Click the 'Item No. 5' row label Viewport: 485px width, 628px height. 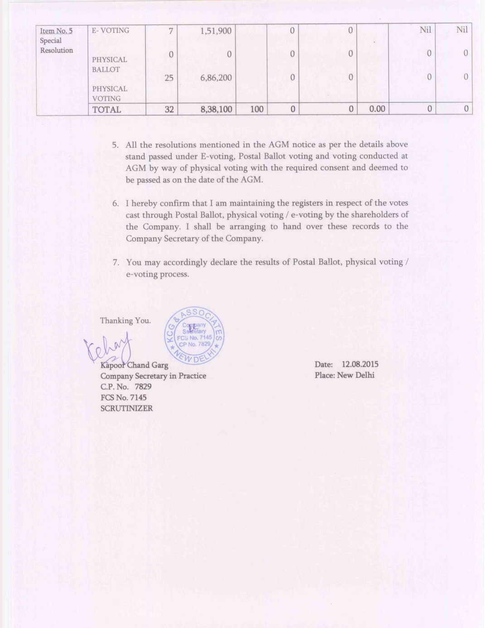56,31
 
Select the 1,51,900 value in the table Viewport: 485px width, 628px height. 216,31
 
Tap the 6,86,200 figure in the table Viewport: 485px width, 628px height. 216,78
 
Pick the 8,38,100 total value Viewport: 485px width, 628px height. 216,109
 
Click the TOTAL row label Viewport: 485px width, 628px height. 107,110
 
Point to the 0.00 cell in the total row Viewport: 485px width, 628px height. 377,109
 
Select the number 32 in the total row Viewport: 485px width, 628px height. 169,109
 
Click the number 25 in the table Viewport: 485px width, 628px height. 169,78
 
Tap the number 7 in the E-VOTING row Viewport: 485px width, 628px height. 170,31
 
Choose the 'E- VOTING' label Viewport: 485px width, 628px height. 110,30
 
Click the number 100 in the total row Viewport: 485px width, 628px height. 257,109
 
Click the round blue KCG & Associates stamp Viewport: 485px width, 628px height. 194,336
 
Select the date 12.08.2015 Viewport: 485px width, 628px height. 360,364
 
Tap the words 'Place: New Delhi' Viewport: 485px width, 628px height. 344,375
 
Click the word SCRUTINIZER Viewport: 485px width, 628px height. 126,408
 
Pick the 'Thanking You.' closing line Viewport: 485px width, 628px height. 125,321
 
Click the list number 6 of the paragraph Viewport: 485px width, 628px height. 116,204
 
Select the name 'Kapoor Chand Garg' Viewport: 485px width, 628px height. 134,365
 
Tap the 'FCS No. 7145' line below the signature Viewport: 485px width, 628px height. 123,397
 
